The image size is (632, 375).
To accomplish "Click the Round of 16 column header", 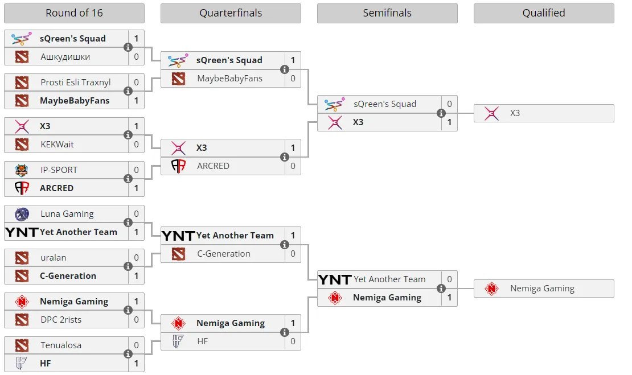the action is tap(74, 13).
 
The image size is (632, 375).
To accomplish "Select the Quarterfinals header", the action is tap(231, 13).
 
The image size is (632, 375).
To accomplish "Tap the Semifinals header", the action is tap(387, 13).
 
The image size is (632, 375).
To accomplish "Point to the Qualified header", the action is tap(544, 13).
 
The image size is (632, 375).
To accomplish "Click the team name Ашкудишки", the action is tap(65, 57).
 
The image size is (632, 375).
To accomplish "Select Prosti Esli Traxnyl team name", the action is tap(75, 82).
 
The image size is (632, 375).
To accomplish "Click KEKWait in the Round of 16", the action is tap(58, 144).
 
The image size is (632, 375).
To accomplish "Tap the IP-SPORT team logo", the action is tap(22, 170).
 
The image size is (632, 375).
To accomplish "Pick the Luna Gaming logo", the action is tap(22, 214).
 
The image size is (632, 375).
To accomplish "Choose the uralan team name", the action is tap(53, 257).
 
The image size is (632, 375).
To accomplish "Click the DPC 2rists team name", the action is tap(61, 319).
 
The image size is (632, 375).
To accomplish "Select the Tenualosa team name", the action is tap(61, 345).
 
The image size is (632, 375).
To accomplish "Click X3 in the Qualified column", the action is tap(515, 113).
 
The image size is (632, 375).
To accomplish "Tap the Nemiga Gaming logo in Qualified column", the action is tap(491, 289).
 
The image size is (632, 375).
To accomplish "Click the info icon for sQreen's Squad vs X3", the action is tap(441, 113).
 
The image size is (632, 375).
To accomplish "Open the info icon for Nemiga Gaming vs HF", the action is tap(285, 332).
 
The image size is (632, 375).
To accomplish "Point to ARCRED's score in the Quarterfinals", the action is tap(293, 166).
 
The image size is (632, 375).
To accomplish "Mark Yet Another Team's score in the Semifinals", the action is tap(449, 279).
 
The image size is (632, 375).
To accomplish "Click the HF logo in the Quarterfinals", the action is tap(178, 341).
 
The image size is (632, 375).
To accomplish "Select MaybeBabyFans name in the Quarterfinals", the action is tap(230, 79).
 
